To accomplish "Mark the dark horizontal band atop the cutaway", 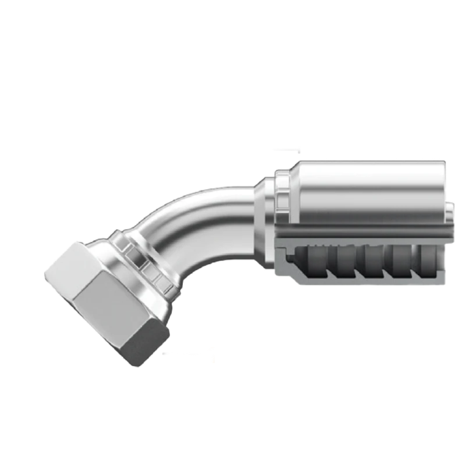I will (360, 232).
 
